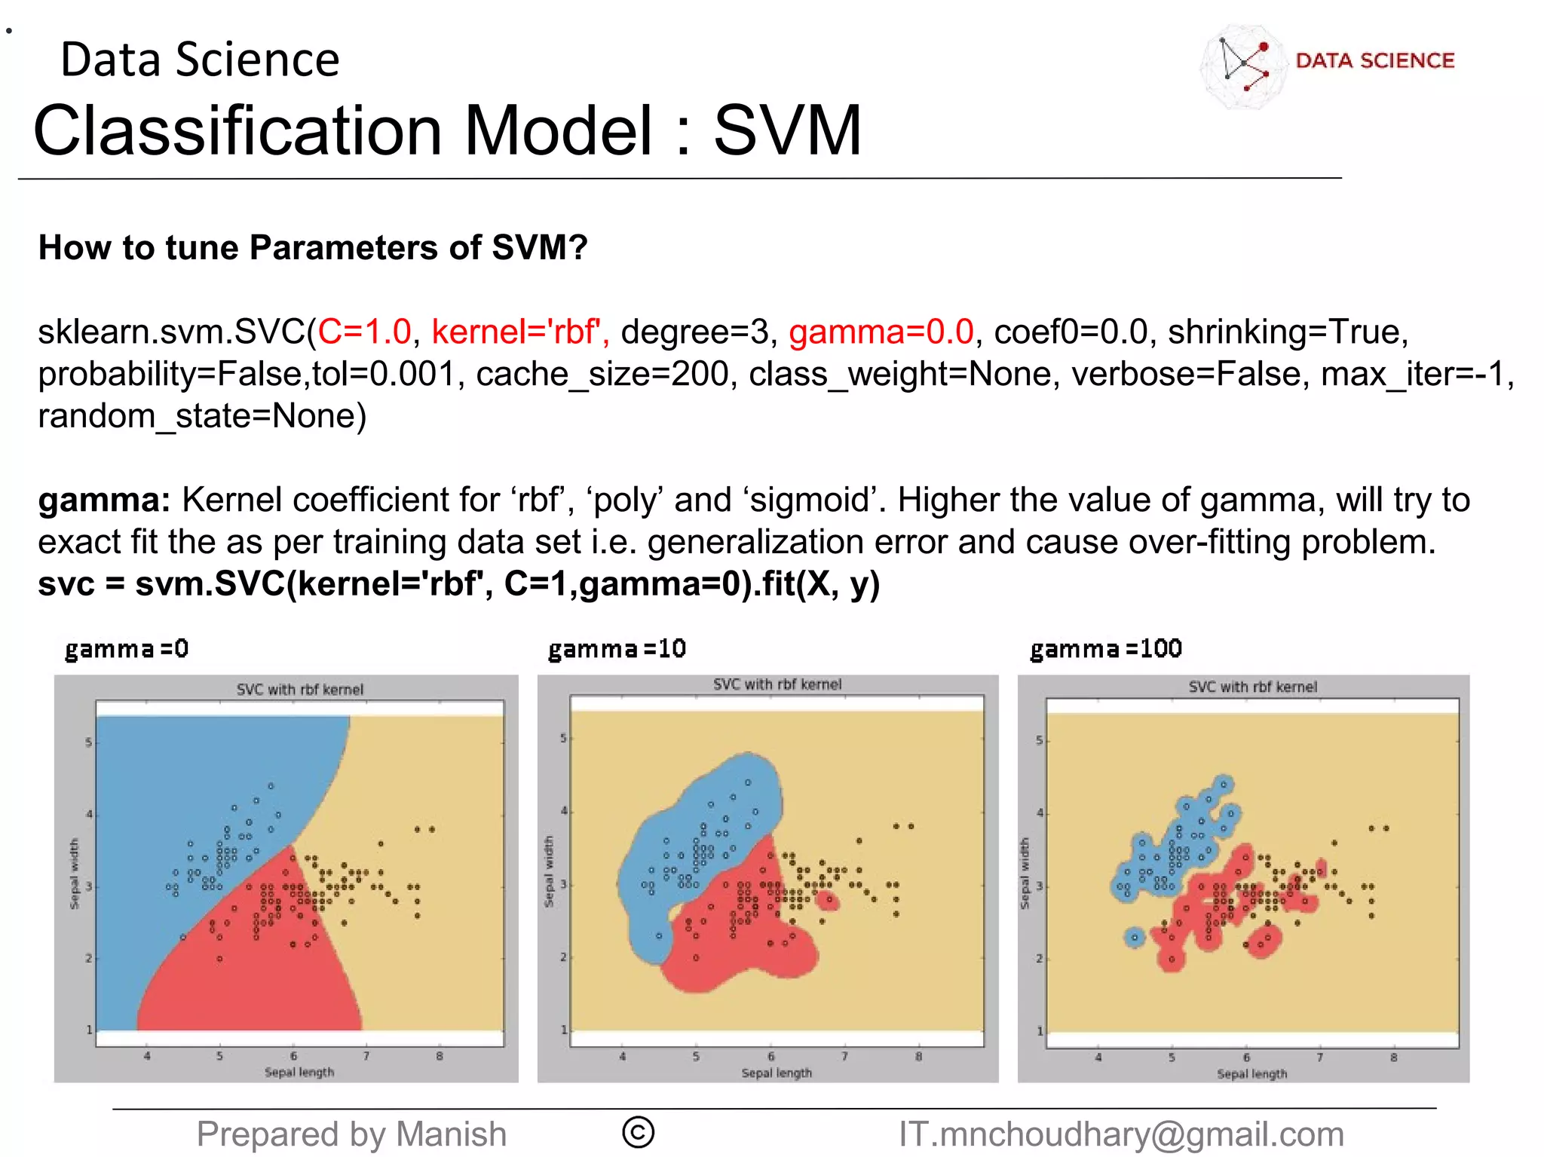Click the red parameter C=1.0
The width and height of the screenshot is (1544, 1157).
[x=365, y=332]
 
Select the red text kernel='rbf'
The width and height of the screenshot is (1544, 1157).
[x=520, y=332]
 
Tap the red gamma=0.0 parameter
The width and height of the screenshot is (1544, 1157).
[x=881, y=332]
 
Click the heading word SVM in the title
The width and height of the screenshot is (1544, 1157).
[x=787, y=131]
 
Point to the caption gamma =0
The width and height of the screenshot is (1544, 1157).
[x=127, y=649]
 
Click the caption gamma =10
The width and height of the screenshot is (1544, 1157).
[x=617, y=649]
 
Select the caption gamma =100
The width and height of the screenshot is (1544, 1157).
[x=1106, y=649]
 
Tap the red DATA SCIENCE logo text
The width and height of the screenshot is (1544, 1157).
[x=1374, y=60]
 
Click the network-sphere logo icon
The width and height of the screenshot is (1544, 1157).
[x=1243, y=66]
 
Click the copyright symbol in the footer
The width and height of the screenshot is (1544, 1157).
[x=638, y=1133]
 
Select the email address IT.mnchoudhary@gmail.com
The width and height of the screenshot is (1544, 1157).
[x=1121, y=1134]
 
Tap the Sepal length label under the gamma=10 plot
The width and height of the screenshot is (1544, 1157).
[x=777, y=1073]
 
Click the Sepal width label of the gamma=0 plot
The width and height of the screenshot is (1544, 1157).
[x=74, y=874]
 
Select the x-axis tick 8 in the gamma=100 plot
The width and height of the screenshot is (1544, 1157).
[x=1393, y=1058]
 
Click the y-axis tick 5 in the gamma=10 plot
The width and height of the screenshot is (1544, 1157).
[x=562, y=739]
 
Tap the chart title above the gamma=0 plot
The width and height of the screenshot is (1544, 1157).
[x=299, y=690]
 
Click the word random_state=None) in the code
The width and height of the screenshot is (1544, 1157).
[x=202, y=416]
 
